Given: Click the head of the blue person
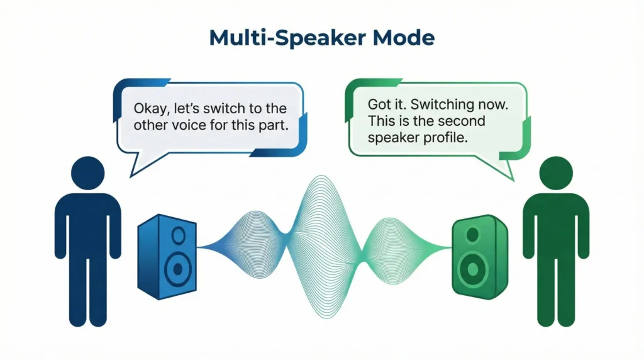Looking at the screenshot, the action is [88, 172].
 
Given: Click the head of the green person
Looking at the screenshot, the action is [556, 172].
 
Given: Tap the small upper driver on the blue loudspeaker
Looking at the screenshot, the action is [179, 235].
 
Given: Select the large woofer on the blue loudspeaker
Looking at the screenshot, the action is [178, 269].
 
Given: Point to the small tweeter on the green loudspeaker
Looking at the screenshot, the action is [473, 235].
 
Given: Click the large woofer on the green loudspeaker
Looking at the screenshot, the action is [472, 269].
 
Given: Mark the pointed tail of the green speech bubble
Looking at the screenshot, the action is [513, 179].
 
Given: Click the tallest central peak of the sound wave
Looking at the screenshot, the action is [321, 176].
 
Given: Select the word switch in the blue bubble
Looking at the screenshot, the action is [223, 108].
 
